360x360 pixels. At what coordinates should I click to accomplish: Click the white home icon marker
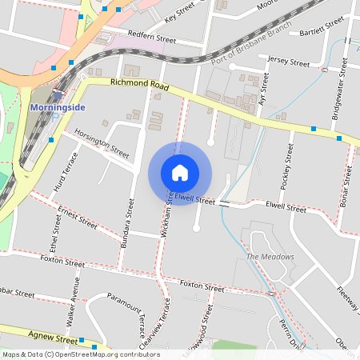click(x=180, y=172)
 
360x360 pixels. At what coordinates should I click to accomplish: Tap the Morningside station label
click(x=57, y=107)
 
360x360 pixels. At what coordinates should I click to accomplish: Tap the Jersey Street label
click(x=289, y=62)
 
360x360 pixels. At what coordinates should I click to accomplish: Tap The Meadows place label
click(x=270, y=257)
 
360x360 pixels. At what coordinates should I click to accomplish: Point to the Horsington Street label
click(x=102, y=142)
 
